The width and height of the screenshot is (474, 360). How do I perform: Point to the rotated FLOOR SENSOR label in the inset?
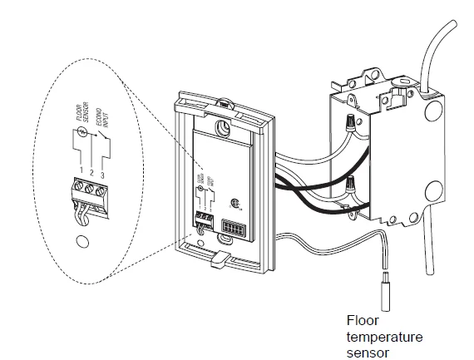[x=81, y=131]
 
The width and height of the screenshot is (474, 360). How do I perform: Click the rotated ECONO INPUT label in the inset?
[x=99, y=136]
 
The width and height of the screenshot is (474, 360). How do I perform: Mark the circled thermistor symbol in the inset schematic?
[x=80, y=152]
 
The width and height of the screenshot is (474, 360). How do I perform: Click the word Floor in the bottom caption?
[x=362, y=320]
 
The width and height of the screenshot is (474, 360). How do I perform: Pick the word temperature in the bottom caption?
[x=384, y=337]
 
